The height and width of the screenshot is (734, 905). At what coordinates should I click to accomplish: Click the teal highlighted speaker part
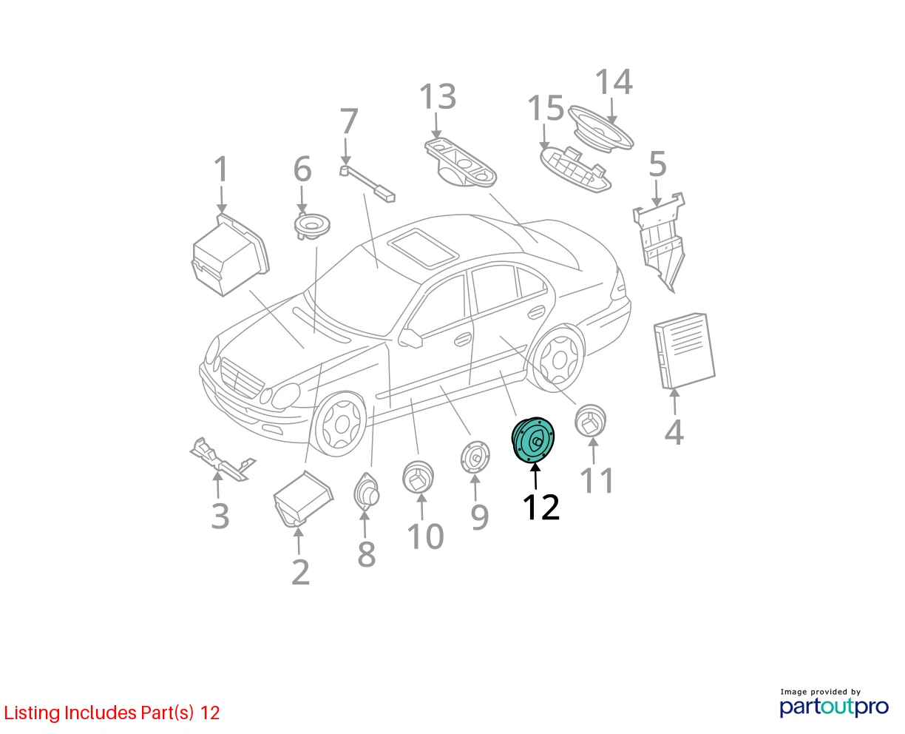(x=532, y=440)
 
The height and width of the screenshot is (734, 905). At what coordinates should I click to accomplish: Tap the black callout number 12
(x=540, y=507)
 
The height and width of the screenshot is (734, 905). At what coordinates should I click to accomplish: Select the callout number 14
(x=614, y=81)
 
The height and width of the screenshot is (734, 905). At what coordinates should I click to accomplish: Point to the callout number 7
(x=349, y=121)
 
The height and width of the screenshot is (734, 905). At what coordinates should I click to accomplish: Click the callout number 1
(x=221, y=169)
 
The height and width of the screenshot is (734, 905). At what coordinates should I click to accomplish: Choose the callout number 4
(x=674, y=432)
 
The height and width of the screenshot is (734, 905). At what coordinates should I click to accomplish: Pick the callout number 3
(x=220, y=516)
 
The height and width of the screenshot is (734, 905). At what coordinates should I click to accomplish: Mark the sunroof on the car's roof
(x=424, y=249)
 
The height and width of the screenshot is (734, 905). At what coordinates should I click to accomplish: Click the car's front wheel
(x=339, y=424)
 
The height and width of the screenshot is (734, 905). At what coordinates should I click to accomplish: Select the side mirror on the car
(x=410, y=338)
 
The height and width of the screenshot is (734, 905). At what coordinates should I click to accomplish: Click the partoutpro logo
(x=834, y=705)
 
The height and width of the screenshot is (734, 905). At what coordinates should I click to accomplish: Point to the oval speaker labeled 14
(x=601, y=127)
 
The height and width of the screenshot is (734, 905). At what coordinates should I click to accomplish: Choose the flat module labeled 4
(x=684, y=351)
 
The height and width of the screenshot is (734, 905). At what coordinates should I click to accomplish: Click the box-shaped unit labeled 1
(x=230, y=255)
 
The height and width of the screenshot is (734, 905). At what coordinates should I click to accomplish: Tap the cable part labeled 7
(x=367, y=183)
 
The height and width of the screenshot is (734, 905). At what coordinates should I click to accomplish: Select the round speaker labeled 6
(x=312, y=226)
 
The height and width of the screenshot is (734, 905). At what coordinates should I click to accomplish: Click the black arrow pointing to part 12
(x=535, y=477)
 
